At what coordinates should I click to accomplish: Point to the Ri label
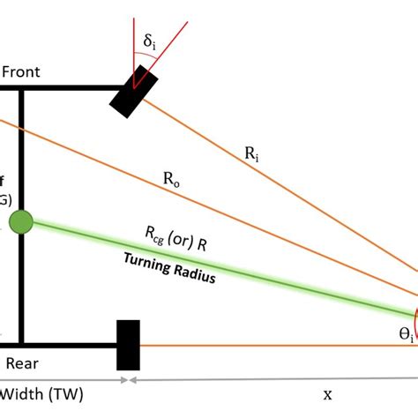coord(253,154)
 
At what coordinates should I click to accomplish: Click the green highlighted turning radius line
coord(265,277)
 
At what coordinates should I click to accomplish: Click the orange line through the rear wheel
coord(265,345)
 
